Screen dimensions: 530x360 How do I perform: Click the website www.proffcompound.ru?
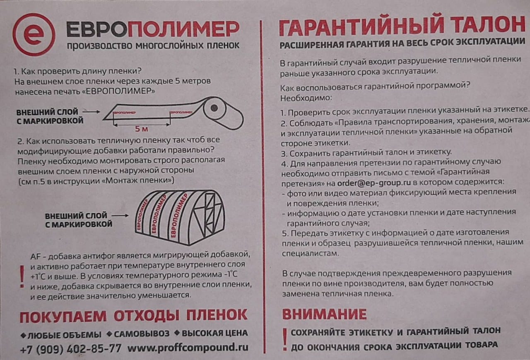pos(188,348)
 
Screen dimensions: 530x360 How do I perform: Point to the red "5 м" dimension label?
pos(142,129)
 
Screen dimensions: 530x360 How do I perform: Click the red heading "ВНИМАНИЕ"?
pos(324,314)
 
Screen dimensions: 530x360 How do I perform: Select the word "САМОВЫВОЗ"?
pos(142,334)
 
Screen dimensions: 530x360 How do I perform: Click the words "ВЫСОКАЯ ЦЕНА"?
pos(214,333)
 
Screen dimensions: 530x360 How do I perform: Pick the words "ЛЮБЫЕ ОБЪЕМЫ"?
pos(64,335)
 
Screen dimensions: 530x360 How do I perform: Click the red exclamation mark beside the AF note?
pos(22,276)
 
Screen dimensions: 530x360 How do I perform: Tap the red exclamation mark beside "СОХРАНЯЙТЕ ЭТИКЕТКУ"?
pos(285,339)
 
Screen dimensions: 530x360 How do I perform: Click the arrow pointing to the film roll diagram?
pos(92,112)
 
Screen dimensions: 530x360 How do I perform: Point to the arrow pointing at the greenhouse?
pos(120,216)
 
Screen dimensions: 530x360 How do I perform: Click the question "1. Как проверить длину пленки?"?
pos(77,71)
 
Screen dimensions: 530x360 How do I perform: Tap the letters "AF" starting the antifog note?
pos(35,257)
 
